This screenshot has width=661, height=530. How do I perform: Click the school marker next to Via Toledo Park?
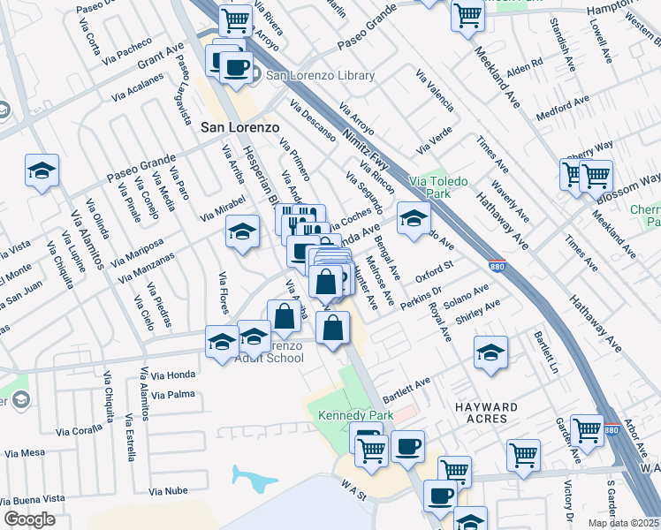(413, 218)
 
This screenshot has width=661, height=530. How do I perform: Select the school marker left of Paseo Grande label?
(42, 170)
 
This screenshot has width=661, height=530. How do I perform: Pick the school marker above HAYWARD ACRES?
(490, 352)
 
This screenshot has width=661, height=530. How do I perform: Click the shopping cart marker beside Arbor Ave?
(587, 431)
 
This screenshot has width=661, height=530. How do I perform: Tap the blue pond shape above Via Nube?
(255, 478)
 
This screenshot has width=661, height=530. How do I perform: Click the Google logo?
(28, 519)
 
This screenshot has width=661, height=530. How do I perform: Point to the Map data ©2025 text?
(623, 523)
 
